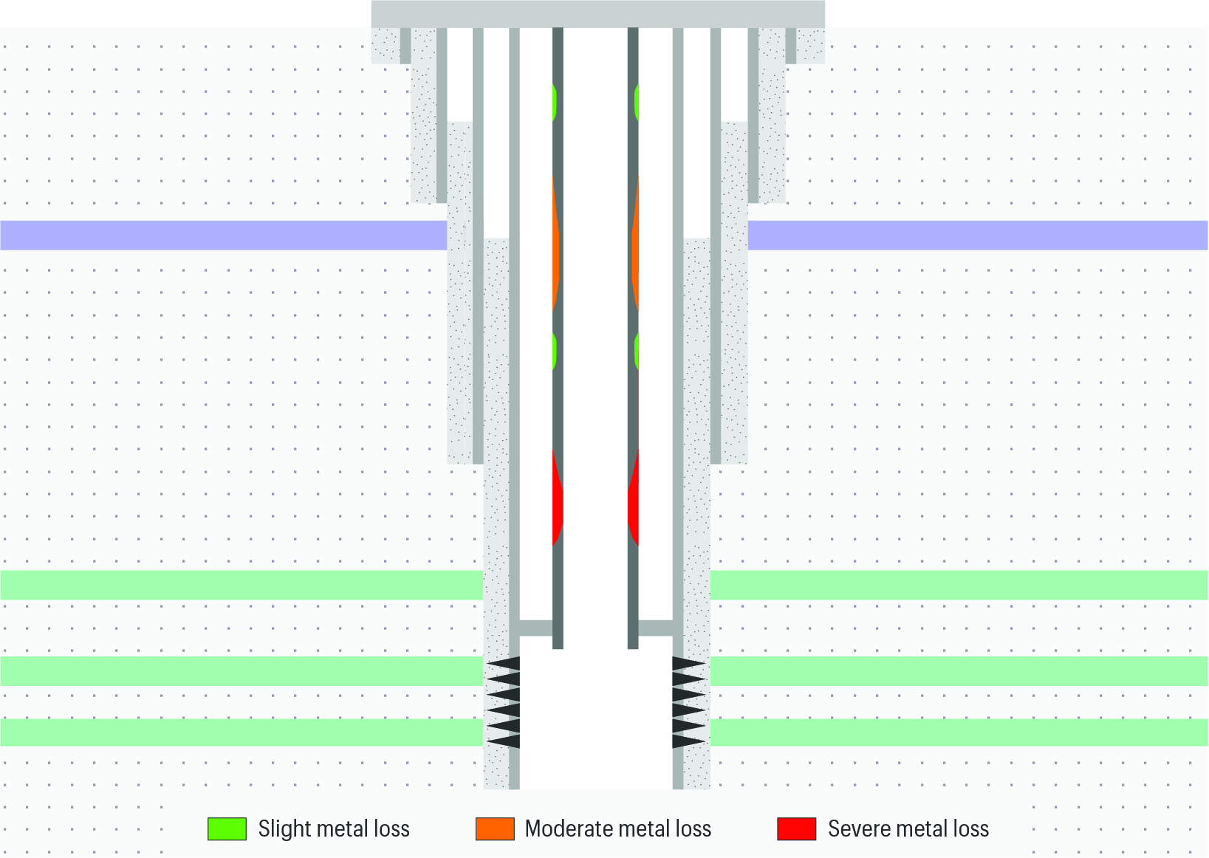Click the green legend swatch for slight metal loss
tap(227, 829)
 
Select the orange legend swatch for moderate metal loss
tap(495, 829)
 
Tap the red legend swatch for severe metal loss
tap(797, 829)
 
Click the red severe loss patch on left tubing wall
tap(558, 498)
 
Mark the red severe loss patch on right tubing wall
tap(634, 498)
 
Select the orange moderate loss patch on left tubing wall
tap(556, 243)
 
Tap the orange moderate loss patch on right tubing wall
tap(635, 243)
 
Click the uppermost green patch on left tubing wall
tap(555, 101)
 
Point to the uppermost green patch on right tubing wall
tap(637, 101)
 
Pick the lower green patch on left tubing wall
tap(555, 351)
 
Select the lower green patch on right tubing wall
tap(637, 351)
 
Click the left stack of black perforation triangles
tap(504, 702)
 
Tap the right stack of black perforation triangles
tap(688, 702)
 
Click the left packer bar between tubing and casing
tap(536, 628)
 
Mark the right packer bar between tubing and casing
tap(656, 628)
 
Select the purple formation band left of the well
tap(224, 236)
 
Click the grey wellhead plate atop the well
tap(598, 14)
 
